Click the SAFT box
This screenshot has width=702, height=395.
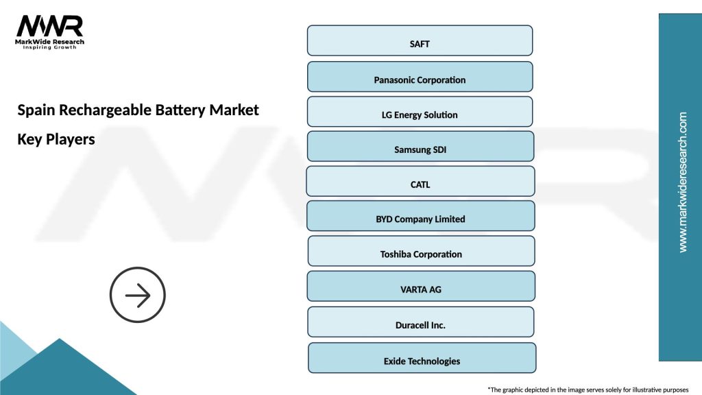[x=420, y=40]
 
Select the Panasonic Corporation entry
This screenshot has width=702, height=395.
[x=420, y=77]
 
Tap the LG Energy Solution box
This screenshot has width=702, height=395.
[x=420, y=112]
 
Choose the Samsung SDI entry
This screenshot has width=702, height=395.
[x=420, y=147]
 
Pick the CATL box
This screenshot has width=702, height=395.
[x=420, y=182]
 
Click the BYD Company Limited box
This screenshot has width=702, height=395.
[x=420, y=216]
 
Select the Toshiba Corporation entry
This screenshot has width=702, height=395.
[x=421, y=251]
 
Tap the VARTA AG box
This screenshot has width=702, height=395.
[x=420, y=286]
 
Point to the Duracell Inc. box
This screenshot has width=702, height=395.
[x=420, y=322]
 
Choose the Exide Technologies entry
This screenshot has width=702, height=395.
[x=422, y=358]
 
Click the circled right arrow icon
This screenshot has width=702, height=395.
[x=138, y=295]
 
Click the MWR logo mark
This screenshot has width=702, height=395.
[x=50, y=26]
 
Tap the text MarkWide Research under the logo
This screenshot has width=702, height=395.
[x=50, y=42]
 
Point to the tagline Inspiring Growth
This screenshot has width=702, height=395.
[x=50, y=48]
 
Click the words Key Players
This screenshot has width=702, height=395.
[x=56, y=139]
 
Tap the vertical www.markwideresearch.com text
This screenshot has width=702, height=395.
[x=682, y=182]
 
